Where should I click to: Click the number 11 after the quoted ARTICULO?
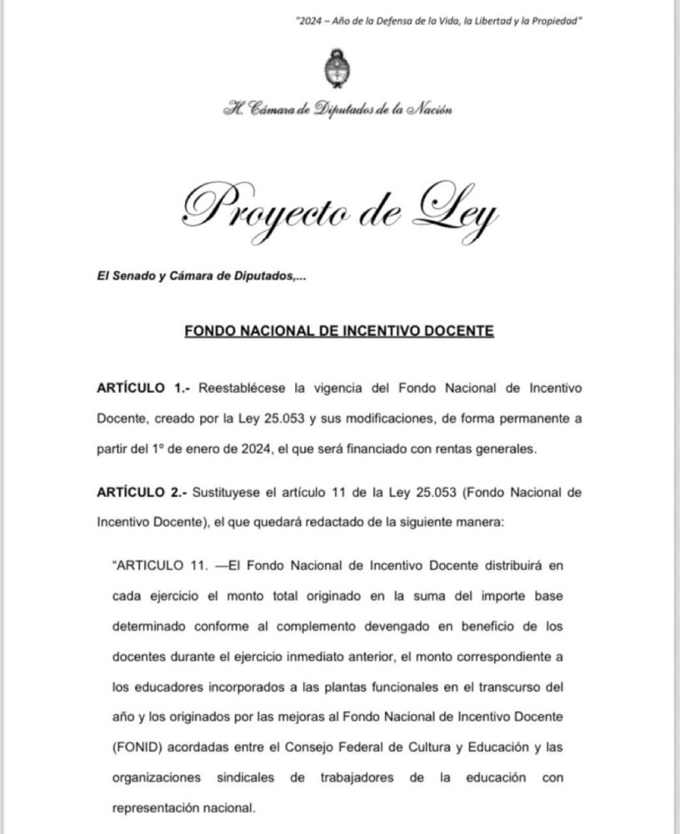197,565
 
